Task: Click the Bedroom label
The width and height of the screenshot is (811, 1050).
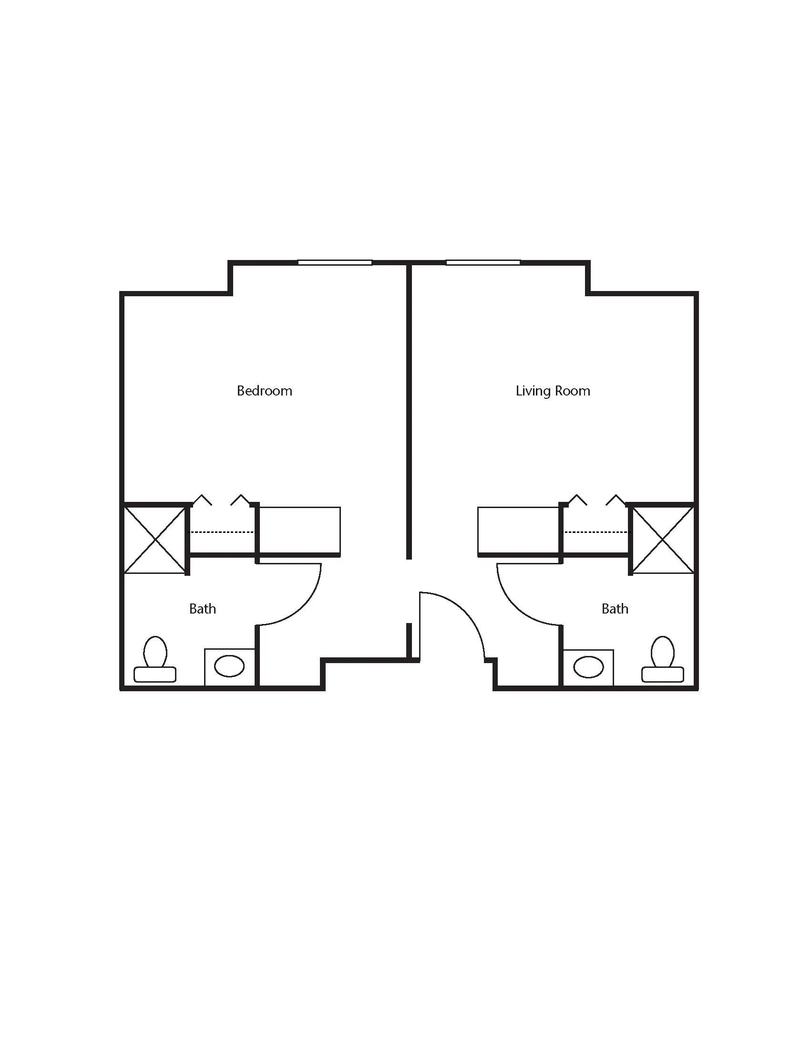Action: point(264,390)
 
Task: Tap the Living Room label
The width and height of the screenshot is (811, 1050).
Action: point(553,391)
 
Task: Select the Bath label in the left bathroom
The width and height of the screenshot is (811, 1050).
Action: point(202,609)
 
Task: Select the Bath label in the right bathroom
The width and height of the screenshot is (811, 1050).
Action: point(615,609)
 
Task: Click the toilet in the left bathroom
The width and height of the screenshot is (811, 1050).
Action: point(155,659)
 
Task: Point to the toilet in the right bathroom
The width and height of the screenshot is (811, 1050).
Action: point(663,659)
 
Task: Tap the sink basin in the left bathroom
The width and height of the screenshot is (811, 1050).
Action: point(229,666)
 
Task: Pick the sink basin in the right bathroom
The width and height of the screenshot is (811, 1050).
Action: point(589,666)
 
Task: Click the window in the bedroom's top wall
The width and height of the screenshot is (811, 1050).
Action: point(335,262)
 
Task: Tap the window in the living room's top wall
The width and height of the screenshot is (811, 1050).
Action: point(483,262)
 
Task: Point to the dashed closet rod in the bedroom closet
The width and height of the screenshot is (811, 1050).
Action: point(223,532)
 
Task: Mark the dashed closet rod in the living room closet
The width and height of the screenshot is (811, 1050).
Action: point(595,532)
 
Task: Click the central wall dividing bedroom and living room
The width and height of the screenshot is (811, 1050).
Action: point(409,411)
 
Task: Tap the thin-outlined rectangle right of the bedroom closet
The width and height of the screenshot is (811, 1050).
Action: point(300,531)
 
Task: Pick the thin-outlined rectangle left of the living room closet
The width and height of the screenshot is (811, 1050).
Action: point(518,531)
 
